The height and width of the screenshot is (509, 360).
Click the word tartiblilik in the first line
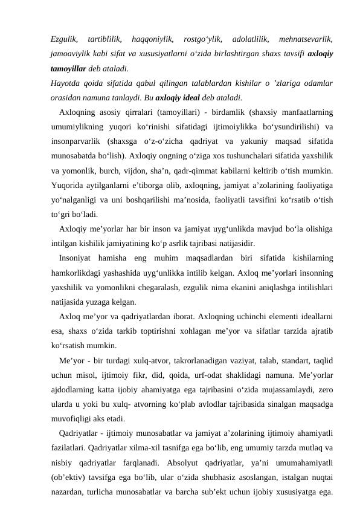[104, 39]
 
